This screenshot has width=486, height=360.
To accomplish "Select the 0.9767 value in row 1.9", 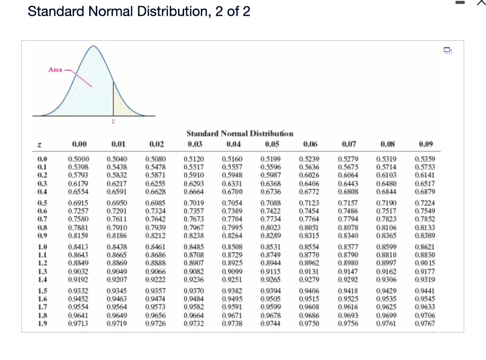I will [425, 323].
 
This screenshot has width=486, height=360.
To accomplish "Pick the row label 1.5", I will [41, 290].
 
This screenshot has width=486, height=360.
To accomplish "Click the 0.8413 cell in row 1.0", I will [78, 247].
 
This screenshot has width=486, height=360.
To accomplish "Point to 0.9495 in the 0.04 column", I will [232, 298].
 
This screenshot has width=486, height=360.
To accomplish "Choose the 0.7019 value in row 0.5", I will [193, 203].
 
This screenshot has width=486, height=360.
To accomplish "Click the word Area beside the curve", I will [55, 70].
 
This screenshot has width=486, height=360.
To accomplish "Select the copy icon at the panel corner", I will [447, 49].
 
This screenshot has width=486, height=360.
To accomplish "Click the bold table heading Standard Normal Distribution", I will [240, 134].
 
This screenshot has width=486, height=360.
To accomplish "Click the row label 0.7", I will [41, 218].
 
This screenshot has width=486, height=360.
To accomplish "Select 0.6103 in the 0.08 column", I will [386, 175].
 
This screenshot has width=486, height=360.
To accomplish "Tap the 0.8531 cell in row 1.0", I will [271, 247].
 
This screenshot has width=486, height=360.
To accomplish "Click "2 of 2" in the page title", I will [233, 11].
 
